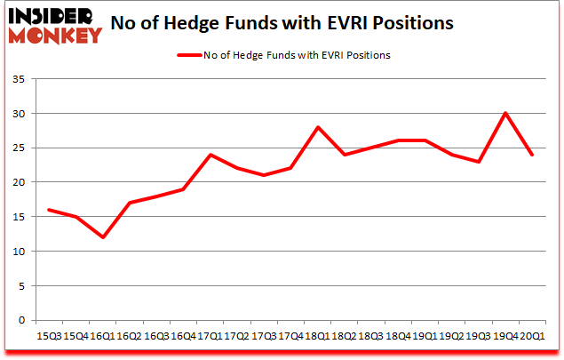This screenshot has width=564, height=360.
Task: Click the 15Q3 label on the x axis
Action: pos(49,336)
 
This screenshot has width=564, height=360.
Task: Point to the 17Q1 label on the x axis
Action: pos(210,336)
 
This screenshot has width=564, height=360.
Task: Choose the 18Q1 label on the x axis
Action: pos(316,336)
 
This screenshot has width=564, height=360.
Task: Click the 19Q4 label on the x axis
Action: pos(505,336)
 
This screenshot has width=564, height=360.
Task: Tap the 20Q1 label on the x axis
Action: pos(532,336)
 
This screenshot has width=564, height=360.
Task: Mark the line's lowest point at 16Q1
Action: pos(102,237)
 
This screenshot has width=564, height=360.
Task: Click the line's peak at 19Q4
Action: pos(505,113)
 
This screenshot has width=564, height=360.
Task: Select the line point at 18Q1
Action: pos(317,127)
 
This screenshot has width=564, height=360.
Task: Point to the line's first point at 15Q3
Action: pos(49,210)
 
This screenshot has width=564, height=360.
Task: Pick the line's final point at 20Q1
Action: pos(532,155)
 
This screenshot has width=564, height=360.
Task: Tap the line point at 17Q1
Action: pos(210,155)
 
